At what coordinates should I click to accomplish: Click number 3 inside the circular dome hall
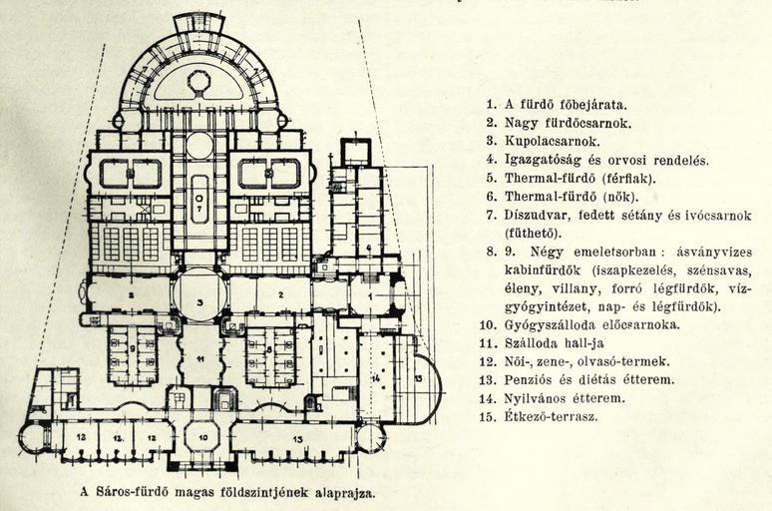coord(199,301)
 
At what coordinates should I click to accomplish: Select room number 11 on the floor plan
coord(199,356)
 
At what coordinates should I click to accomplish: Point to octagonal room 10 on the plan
coord(201,436)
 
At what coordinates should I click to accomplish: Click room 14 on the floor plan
coord(376,377)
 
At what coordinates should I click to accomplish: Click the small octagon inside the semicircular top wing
coord(199,80)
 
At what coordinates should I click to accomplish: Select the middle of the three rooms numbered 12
coord(118,437)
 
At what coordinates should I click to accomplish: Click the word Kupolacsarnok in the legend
coord(548,141)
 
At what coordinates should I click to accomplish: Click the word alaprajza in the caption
coord(339,492)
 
